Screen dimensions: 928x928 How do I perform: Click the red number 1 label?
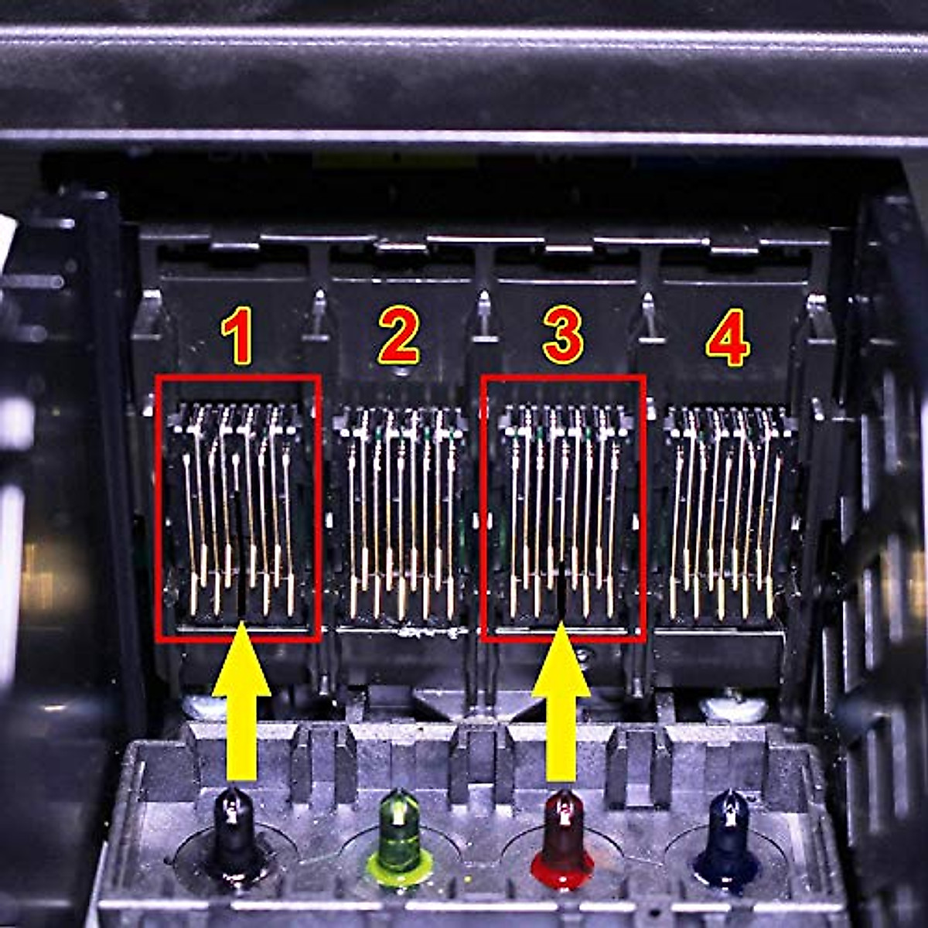pyautogui.click(x=237, y=337)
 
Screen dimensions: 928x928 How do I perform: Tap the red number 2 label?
pyautogui.click(x=399, y=337)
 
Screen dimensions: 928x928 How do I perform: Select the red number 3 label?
pyautogui.click(x=562, y=337)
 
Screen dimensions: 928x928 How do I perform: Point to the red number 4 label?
pyautogui.click(x=727, y=337)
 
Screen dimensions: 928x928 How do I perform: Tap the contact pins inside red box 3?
pyautogui.click(x=562, y=510)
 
